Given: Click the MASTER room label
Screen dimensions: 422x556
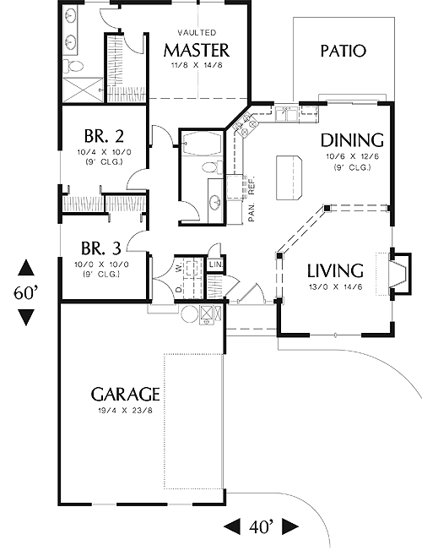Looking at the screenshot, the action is (197, 51).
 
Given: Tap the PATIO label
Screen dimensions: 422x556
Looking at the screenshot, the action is (343, 51).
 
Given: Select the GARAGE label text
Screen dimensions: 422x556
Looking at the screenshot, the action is (126, 394).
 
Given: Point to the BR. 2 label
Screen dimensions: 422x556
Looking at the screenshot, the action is (104, 135).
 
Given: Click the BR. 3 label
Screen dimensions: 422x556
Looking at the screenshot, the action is (101, 248).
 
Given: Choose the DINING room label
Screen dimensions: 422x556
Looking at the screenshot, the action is (352, 140).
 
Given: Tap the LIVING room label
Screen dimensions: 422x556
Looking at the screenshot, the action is (335, 271).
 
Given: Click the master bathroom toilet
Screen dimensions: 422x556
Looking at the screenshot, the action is (73, 66).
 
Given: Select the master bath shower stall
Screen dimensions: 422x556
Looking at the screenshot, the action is (83, 90).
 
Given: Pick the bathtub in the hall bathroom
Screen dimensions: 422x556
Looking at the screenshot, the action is (201, 144).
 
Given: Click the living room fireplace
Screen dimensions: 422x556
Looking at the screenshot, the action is (400, 274).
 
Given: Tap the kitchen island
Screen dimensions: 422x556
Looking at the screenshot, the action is (289, 177).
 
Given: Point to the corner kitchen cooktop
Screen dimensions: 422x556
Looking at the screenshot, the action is (245, 124).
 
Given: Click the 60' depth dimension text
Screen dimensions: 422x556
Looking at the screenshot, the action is (26, 293).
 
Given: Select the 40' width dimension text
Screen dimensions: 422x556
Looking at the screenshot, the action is (261, 527).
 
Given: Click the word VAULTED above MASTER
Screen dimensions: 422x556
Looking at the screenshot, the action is (197, 33).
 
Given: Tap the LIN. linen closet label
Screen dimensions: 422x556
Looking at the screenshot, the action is (215, 264).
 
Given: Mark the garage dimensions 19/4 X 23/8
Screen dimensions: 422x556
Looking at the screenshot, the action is (126, 411).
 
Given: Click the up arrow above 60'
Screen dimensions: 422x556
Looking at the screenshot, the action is (26, 268).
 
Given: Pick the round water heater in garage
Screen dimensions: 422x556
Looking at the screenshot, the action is (190, 313).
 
